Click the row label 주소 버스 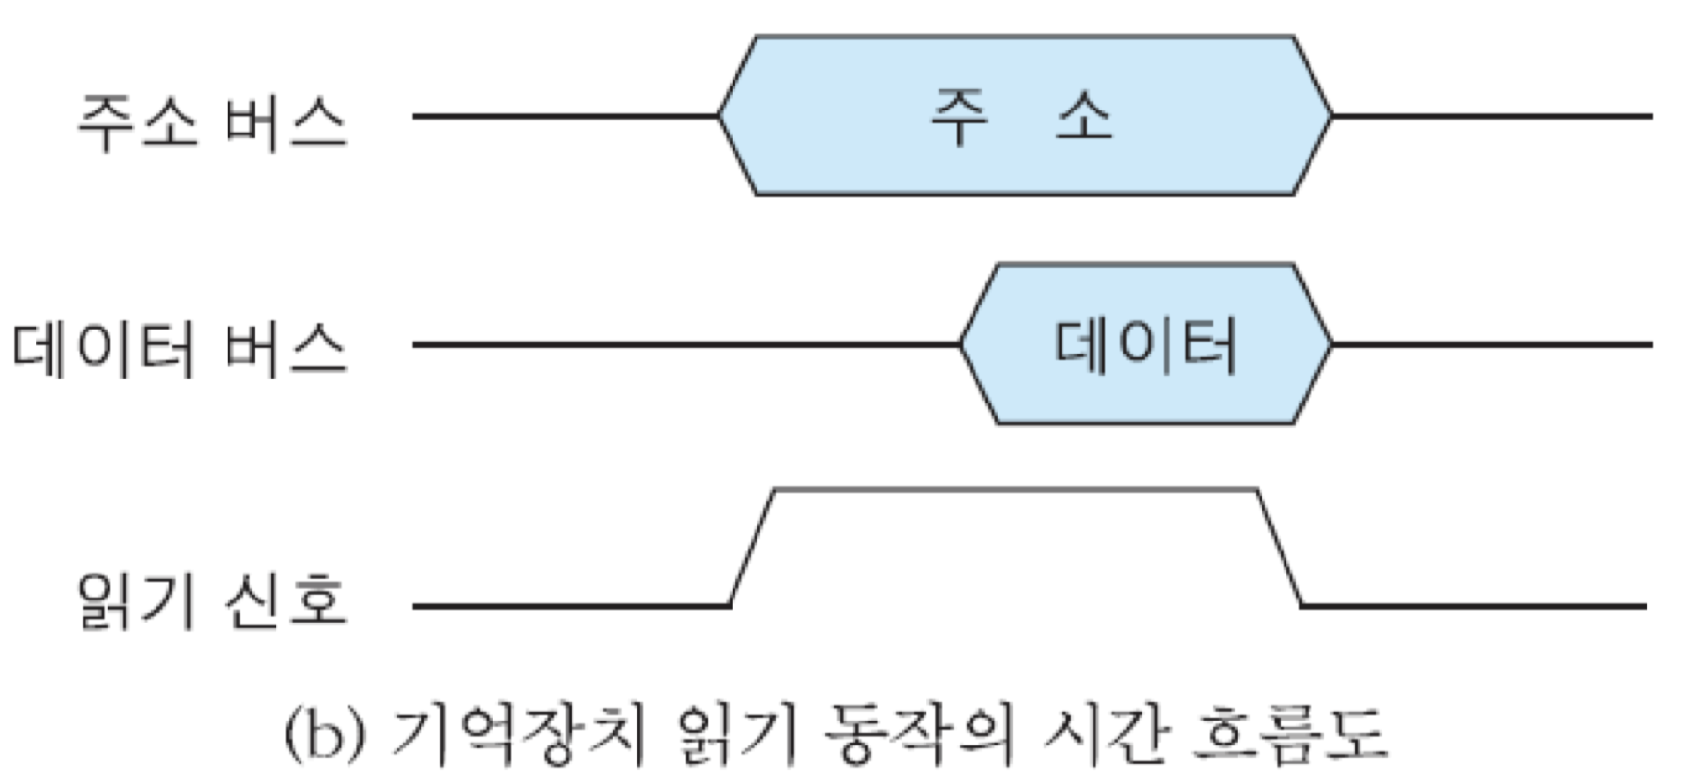[x=211, y=123]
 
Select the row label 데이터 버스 [x=179, y=348]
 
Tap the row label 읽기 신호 [x=211, y=602]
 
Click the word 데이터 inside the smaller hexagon [x=1145, y=345]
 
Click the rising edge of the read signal [x=752, y=548]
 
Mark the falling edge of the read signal [x=1280, y=548]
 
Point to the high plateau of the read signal [x=1015, y=490]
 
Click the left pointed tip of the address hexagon [x=720, y=116]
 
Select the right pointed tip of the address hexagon [x=1331, y=116]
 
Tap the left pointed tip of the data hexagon [x=961, y=344]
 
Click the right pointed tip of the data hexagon [x=1331, y=344]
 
